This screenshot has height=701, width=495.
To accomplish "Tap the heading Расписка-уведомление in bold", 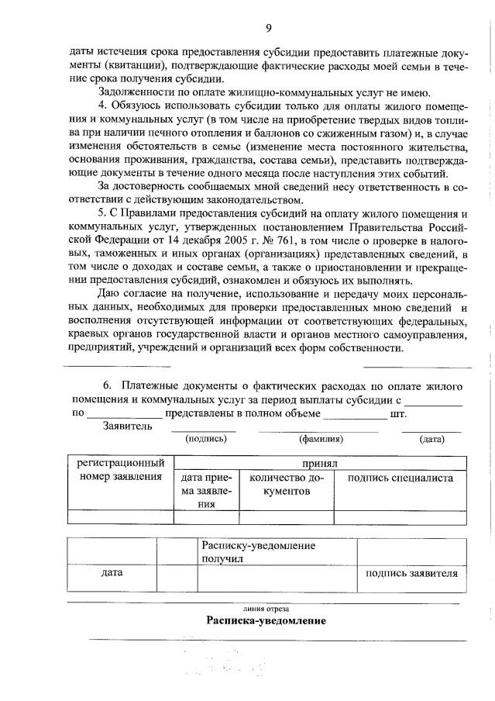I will (266, 621).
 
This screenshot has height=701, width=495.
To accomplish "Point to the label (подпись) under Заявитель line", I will (205, 439).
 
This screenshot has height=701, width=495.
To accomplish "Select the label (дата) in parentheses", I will (431, 439).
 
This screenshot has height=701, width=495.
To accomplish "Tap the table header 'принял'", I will (320, 463).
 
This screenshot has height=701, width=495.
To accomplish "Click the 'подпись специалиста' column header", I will (400, 478).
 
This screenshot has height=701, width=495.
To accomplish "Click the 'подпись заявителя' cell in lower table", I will (411, 574).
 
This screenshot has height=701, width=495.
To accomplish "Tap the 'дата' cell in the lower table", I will (112, 573).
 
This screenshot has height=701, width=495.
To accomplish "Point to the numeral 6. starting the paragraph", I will (108, 385).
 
